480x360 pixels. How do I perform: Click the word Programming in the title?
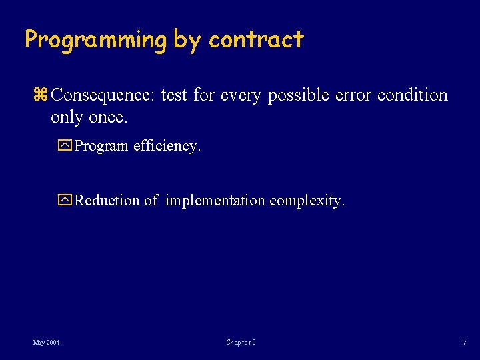pos(96,40)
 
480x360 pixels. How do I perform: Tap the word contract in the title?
pos(256,40)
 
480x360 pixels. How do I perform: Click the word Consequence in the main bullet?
pos(103,95)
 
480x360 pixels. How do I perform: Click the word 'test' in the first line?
pos(174,95)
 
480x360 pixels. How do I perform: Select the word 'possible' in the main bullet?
pos(298,95)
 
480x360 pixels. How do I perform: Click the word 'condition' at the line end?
pos(413,95)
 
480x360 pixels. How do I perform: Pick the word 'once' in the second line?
pos(107,117)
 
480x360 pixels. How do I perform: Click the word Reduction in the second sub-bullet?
pos(107,201)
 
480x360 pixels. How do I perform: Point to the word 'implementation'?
pos(215,201)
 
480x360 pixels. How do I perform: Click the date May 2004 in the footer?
pos(46,343)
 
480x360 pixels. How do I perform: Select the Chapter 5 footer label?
pos(241,343)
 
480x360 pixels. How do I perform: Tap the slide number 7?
pos(463,343)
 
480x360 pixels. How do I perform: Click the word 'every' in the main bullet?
pos(239,95)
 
